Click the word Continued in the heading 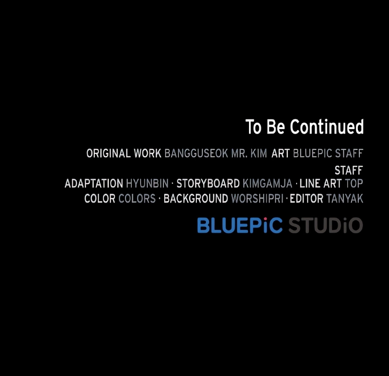coord(327,127)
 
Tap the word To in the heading coord(253,127)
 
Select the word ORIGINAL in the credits coord(108,153)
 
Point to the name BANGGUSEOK coord(196,153)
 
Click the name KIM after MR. coord(259,153)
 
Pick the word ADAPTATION coord(94,184)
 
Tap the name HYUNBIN coord(147,184)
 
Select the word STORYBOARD coord(208,184)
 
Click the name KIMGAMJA coord(267,184)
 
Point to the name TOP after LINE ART coord(354,184)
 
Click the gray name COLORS coord(137,199)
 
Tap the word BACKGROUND coord(196,199)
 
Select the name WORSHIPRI coord(257,199)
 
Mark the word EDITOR coord(306,199)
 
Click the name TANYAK coord(345,199)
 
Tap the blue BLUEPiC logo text coord(240,225)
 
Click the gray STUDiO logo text coord(325,225)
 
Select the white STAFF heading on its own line coord(349,171)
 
